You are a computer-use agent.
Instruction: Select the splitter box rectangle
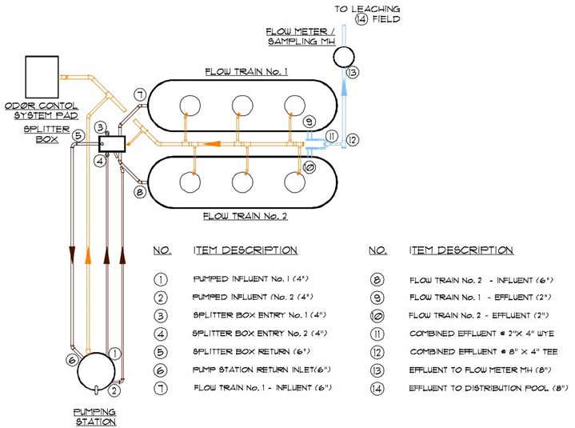tap(114, 144)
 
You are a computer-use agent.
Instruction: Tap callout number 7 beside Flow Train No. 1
tap(139, 95)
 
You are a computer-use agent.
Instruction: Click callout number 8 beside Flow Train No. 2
tap(139, 192)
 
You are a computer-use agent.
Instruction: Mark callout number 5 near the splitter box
tap(78, 135)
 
